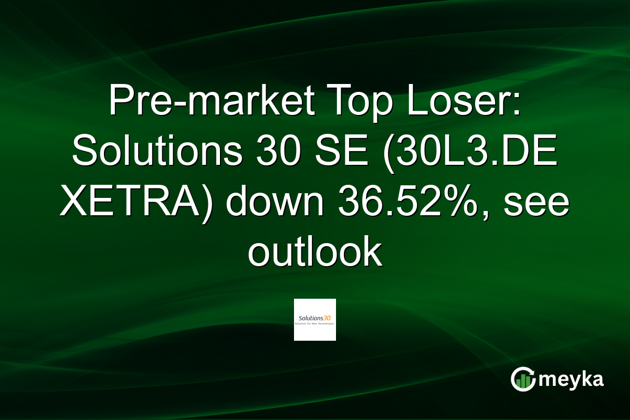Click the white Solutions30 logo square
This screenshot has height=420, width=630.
pos(315,320)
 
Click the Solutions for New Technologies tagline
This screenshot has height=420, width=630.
pos(315,323)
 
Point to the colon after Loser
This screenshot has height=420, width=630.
pos(516,102)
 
